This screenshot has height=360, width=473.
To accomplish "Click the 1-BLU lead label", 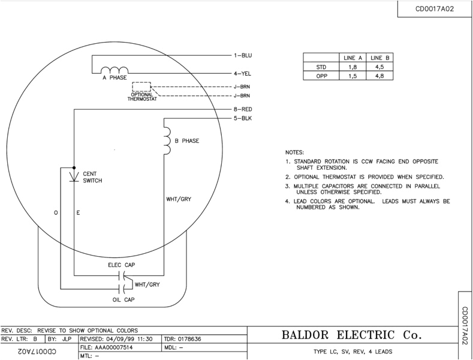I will (243, 56).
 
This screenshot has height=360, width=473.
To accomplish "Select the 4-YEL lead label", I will (243, 73).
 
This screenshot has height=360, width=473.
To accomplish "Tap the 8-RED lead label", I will (243, 110).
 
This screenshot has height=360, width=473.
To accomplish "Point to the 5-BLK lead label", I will (243, 119).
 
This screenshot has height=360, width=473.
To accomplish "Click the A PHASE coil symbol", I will (115, 70).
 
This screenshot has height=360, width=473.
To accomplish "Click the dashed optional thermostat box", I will (141, 86).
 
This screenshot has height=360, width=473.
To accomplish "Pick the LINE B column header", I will (379, 58).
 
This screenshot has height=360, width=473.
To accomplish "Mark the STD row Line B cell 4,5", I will (379, 67).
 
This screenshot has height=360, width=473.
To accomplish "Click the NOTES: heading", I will (294, 152).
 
